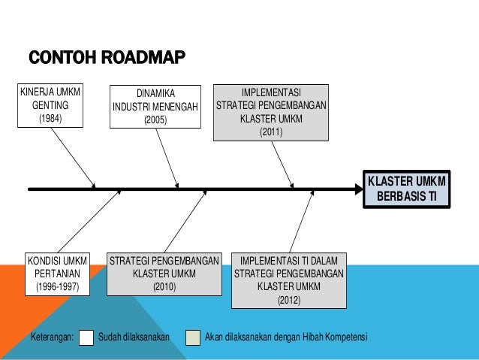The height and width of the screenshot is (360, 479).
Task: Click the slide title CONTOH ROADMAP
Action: click(x=106, y=58)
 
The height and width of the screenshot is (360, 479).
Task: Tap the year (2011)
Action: click(x=271, y=132)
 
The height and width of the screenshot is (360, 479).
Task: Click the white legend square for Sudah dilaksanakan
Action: click(x=86, y=335)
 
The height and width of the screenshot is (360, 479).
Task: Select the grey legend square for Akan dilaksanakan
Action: click(x=194, y=335)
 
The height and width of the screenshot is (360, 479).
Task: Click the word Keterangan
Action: click(x=51, y=335)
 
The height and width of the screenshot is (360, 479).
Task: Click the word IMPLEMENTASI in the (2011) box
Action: click(x=271, y=92)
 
